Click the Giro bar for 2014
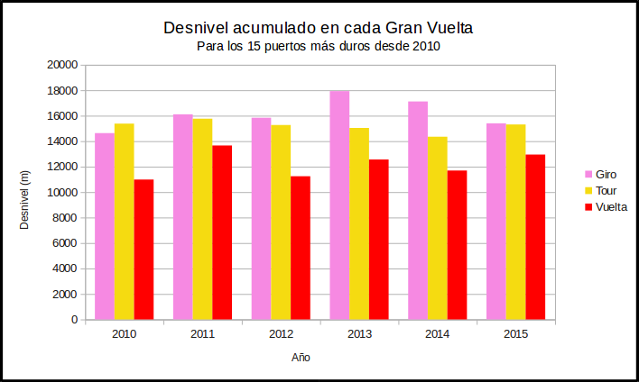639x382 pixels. tap(418, 211)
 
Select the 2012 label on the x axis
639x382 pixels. tap(281, 334)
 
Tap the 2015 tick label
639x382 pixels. tap(516, 334)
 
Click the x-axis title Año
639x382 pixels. tap(301, 358)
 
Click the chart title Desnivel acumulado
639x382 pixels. tap(319, 28)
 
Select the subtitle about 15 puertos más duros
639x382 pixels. tap(319, 46)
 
